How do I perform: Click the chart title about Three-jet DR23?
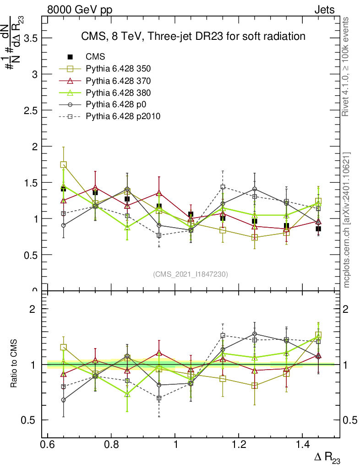point(193,36)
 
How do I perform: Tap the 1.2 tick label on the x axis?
point(239,445)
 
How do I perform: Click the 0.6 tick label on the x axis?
point(48,445)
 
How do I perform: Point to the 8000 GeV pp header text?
point(80,10)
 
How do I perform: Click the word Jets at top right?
point(324,10)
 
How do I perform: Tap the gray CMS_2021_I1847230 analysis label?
point(191,274)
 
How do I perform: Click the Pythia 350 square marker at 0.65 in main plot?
point(64,165)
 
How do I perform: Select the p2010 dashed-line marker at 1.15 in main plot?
point(223,187)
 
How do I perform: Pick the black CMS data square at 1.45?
point(318,229)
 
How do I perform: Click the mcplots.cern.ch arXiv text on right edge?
point(347,220)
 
